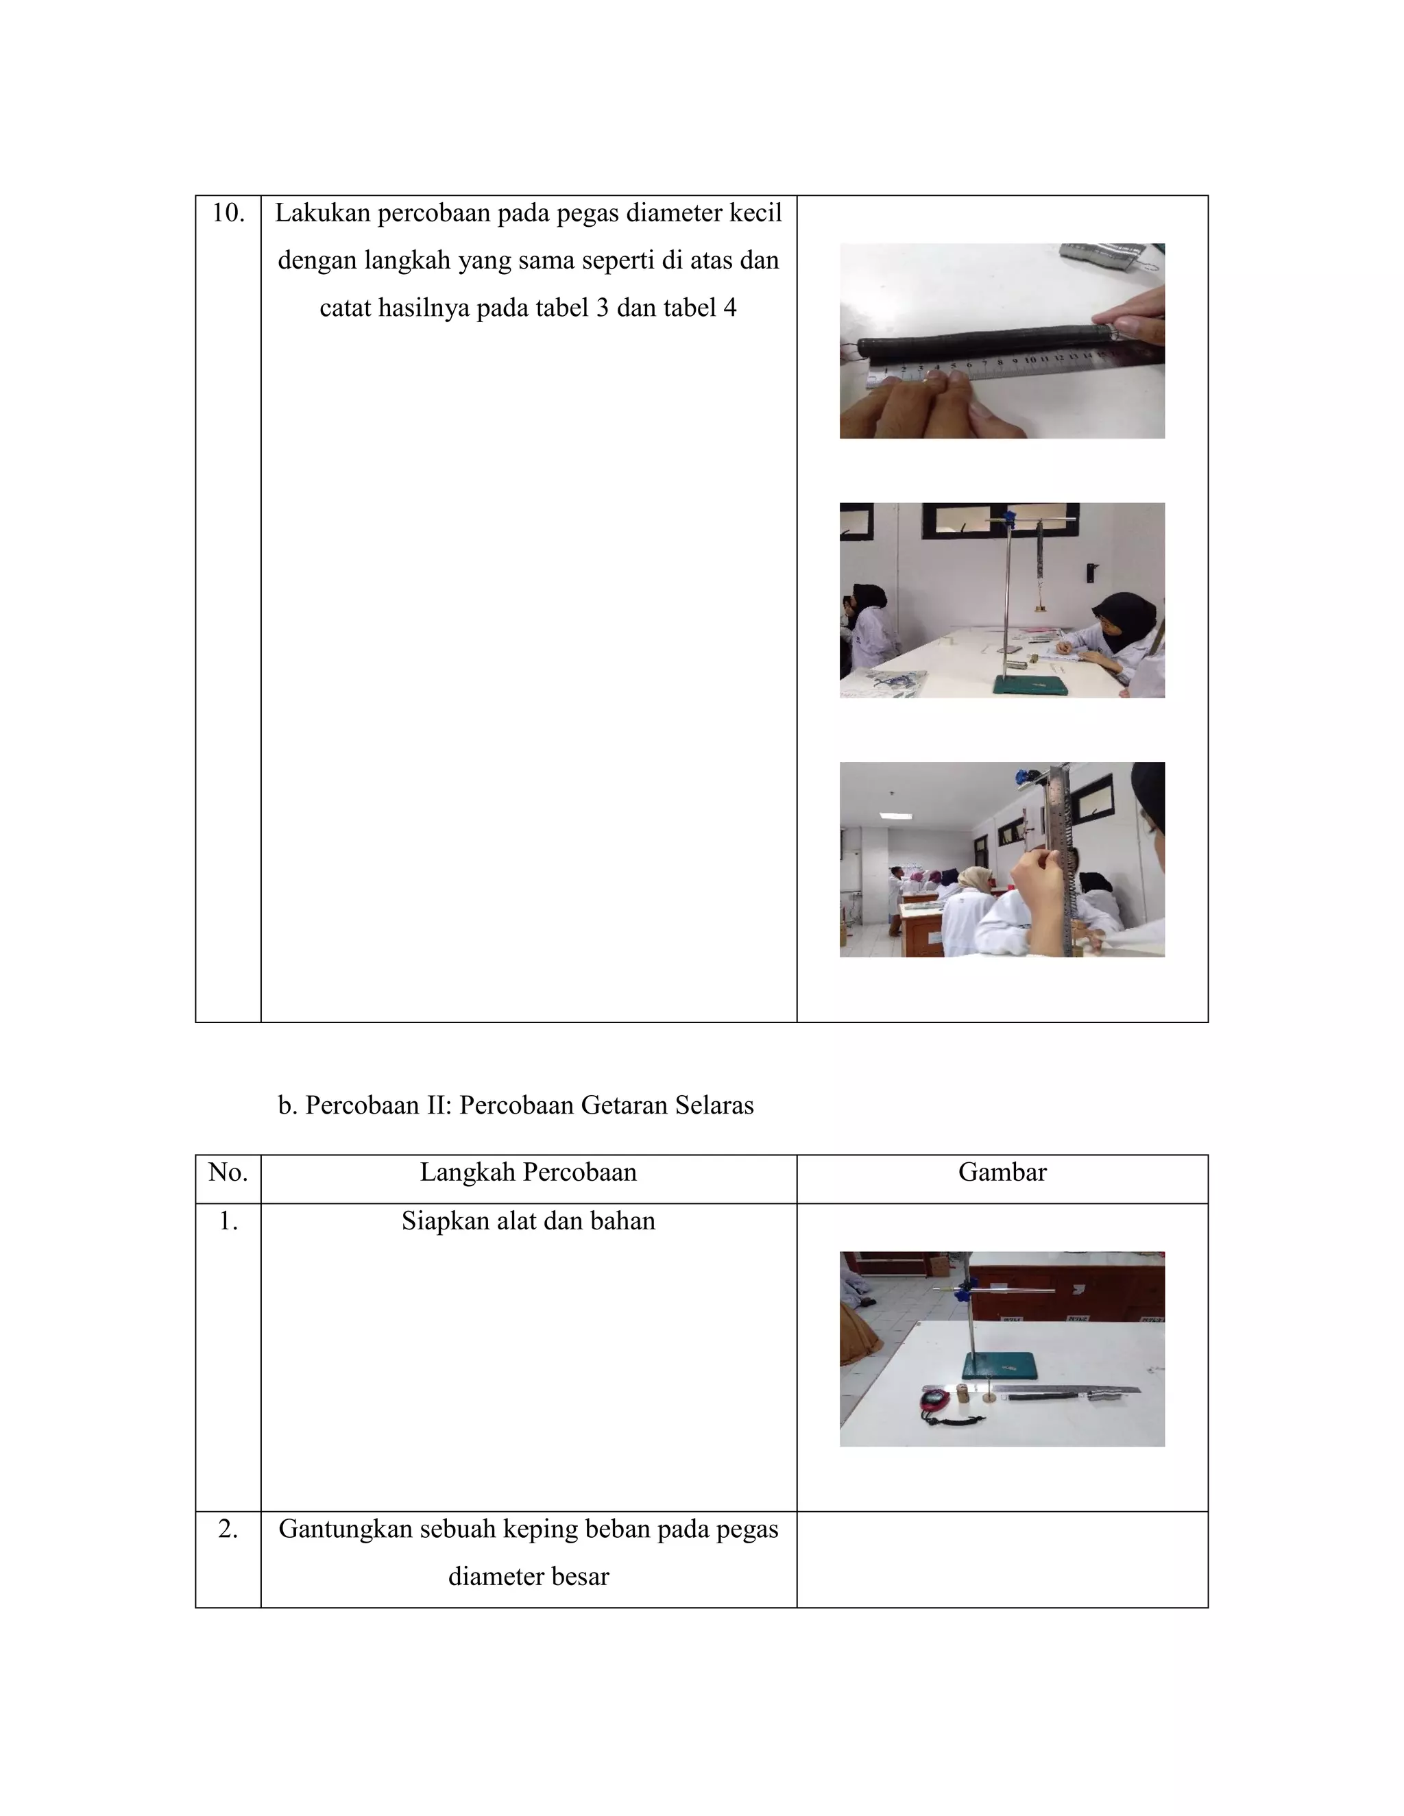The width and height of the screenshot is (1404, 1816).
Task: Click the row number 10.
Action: coord(228,214)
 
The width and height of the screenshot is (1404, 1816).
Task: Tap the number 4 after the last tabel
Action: coord(729,308)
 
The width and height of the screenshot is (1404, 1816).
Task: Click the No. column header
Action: coord(228,1173)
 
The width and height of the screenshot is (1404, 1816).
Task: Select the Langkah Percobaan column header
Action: coord(528,1173)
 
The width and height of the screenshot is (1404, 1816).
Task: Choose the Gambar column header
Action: coord(1002,1173)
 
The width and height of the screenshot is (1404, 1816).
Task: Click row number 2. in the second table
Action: coord(228,1529)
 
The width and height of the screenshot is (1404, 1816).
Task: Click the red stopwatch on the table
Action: coord(935,1399)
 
